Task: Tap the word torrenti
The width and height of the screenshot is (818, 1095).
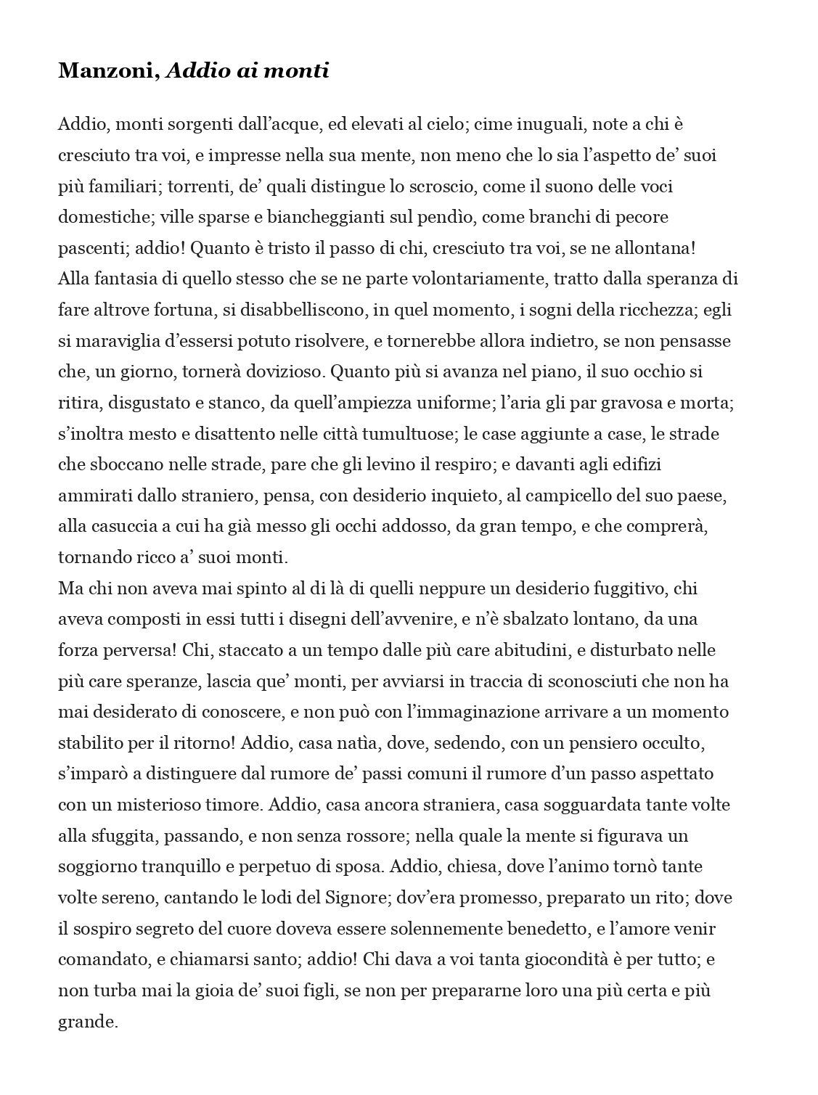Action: (x=197, y=186)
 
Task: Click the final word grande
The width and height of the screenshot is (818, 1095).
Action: (x=86, y=1022)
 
